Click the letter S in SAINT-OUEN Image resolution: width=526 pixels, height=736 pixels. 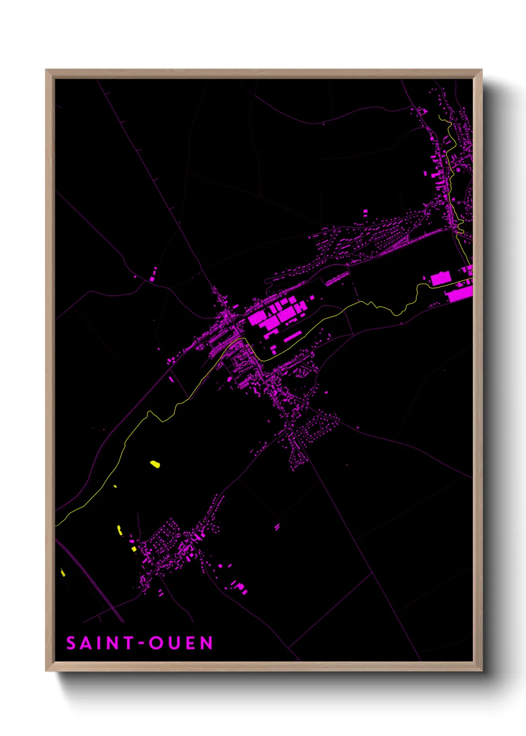coord(71,643)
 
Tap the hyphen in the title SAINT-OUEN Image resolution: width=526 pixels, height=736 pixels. coord(141,644)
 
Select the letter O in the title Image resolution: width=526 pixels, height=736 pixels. coord(157,643)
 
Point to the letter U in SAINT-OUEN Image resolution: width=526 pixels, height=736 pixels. coord(175,643)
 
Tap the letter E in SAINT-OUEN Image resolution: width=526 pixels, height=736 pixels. coord(191,643)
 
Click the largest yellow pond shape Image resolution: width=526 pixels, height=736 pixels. coord(155,464)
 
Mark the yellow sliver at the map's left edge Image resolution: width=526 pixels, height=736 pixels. coord(63,572)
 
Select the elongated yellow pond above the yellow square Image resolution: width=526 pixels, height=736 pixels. coord(119,530)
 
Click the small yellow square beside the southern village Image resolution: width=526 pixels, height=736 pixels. coord(134,549)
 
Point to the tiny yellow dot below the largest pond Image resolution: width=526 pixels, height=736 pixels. coord(115,486)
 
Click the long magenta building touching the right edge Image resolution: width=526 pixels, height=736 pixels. coord(459,294)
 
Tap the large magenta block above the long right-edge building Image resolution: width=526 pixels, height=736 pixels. coord(440,278)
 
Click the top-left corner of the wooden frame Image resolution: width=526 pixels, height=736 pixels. coord(46,70)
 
